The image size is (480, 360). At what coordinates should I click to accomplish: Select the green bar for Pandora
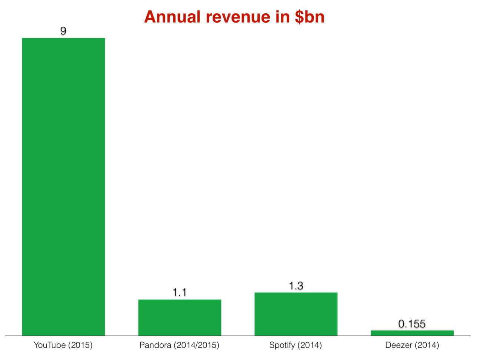(x=180, y=317)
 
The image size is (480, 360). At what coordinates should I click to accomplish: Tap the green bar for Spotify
(x=296, y=314)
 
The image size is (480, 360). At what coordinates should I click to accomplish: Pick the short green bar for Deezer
(x=412, y=333)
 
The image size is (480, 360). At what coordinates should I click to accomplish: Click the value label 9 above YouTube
(x=63, y=31)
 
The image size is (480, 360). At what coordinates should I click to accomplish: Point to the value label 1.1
(x=180, y=293)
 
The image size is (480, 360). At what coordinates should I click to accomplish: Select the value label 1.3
(x=296, y=286)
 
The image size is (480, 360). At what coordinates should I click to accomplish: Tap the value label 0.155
(x=412, y=324)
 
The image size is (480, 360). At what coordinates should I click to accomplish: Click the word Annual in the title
(x=172, y=17)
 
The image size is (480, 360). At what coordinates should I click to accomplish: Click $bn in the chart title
(x=310, y=17)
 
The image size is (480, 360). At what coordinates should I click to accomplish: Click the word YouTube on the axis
(x=50, y=345)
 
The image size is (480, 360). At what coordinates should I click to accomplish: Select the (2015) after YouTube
(x=80, y=345)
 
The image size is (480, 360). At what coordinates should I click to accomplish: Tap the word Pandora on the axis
(x=155, y=345)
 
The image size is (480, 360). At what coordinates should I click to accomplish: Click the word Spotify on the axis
(x=282, y=345)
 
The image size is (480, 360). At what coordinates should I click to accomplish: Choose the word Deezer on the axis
(x=398, y=345)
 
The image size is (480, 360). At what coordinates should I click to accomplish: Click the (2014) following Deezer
(x=426, y=345)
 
